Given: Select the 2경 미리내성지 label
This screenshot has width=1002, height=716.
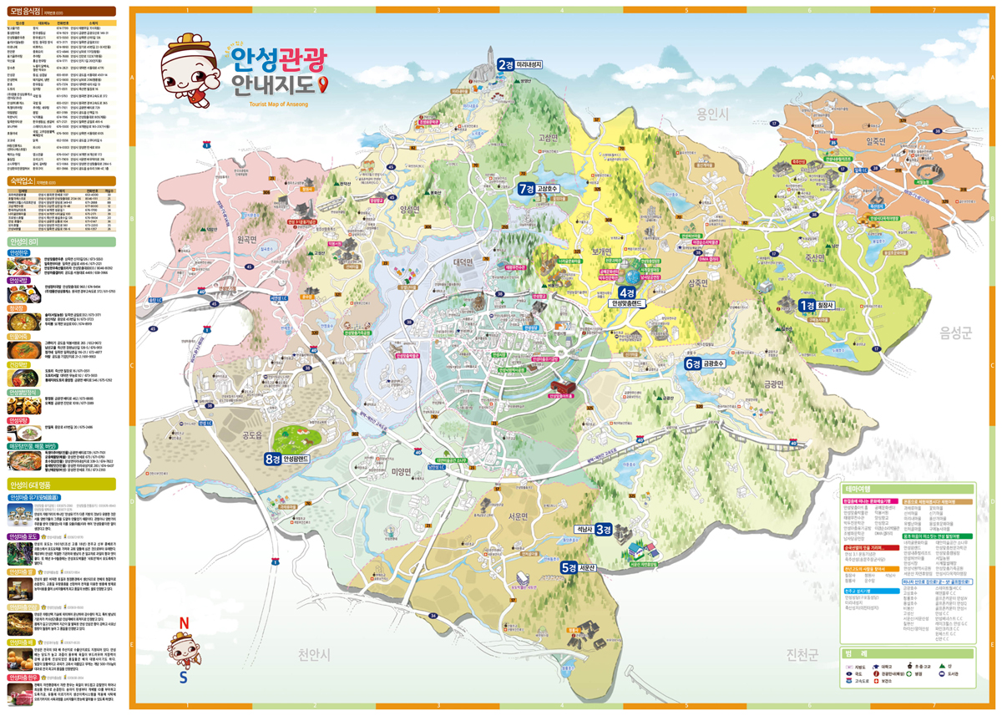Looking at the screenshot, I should pyautogui.click(x=520, y=64).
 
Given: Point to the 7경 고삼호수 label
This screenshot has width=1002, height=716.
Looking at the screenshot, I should pyautogui.click(x=539, y=189).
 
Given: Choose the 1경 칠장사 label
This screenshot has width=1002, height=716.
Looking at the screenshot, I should pyautogui.click(x=818, y=306).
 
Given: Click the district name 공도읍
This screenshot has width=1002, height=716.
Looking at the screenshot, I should pyautogui.click(x=252, y=435).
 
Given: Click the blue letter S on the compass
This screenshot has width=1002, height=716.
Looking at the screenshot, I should pyautogui.click(x=183, y=678).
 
